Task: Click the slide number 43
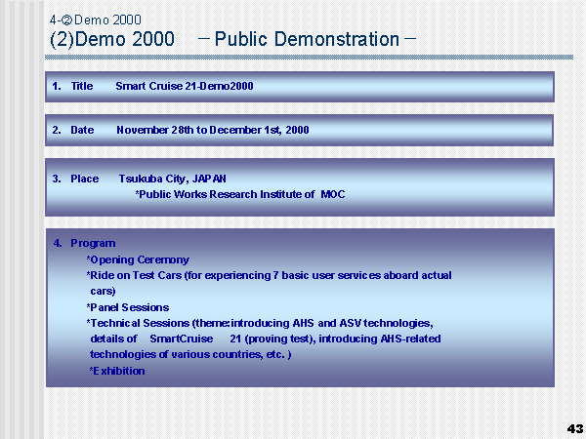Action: tap(575, 428)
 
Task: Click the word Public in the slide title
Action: tap(241, 39)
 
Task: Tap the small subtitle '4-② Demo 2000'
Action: tap(96, 20)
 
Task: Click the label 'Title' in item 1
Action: tap(82, 86)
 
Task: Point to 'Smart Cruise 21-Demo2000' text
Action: tap(185, 86)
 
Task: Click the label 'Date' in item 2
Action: tap(82, 130)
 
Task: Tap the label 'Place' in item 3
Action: tap(84, 179)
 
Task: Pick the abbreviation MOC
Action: tap(333, 194)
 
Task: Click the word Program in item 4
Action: tap(93, 243)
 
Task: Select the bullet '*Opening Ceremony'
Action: tap(138, 259)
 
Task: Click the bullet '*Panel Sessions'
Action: tap(128, 307)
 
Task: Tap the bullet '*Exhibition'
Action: tap(117, 371)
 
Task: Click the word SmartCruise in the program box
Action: tap(182, 339)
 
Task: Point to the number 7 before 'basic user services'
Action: tap(275, 275)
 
